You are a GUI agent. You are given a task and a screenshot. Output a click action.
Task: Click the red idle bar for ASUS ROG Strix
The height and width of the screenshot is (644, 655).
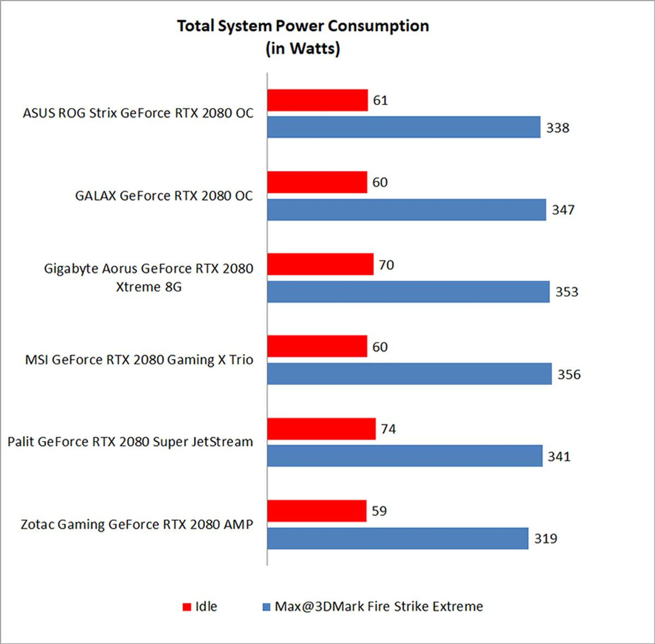(x=317, y=100)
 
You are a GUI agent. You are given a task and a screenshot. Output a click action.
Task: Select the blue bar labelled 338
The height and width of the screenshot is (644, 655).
(x=404, y=127)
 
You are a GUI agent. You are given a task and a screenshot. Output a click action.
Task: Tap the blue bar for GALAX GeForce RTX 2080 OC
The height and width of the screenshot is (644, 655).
(x=406, y=210)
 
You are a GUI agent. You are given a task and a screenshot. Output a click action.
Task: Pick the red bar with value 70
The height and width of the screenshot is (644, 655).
(x=320, y=264)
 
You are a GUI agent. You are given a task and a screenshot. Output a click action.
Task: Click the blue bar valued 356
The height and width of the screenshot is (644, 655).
(x=409, y=374)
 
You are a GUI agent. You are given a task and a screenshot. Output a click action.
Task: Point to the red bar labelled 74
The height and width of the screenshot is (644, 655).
(x=321, y=429)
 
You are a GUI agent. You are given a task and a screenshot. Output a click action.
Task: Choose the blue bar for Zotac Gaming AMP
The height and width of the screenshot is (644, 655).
(x=397, y=539)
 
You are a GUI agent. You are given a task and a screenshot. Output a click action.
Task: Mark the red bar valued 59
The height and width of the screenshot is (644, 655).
(x=317, y=511)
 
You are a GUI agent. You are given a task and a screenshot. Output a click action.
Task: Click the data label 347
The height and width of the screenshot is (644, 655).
(x=563, y=210)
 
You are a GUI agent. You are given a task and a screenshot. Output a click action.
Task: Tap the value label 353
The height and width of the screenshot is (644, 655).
(x=567, y=292)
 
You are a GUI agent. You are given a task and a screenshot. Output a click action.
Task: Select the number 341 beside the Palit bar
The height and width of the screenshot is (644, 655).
(x=559, y=456)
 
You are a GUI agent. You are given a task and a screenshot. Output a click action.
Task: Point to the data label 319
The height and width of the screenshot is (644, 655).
(x=545, y=539)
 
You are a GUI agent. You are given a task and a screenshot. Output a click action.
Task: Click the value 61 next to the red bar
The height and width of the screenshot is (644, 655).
(x=380, y=100)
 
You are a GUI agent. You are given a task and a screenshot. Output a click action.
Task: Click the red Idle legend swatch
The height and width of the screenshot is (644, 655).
(x=187, y=607)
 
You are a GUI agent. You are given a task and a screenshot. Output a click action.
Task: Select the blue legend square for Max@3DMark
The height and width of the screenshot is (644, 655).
(x=266, y=607)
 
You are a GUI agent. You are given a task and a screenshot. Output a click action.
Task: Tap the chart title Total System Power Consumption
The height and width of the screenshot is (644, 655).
(x=303, y=26)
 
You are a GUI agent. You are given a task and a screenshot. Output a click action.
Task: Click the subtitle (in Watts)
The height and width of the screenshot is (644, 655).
(x=303, y=48)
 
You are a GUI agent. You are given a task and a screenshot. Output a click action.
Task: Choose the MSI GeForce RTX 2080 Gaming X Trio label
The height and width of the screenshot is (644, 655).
(x=139, y=360)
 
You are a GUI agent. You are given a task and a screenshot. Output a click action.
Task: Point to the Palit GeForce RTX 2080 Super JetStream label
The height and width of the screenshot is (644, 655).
(x=130, y=442)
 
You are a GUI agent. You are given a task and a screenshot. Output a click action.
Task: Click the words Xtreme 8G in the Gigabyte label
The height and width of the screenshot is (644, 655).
(x=149, y=287)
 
